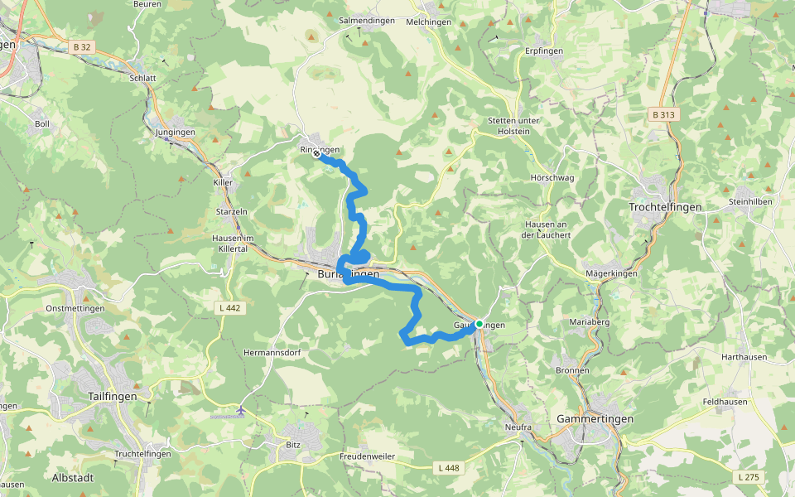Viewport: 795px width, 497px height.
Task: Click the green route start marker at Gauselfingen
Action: [x=479, y=324]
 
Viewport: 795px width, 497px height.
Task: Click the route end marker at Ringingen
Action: [x=316, y=153]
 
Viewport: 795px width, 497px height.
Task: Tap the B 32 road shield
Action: [x=81, y=48]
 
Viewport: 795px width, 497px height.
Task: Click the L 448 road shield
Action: [x=447, y=468]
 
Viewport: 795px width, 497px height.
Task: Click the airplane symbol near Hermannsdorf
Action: [x=241, y=410]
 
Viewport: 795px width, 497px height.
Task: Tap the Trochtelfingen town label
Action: [x=665, y=207]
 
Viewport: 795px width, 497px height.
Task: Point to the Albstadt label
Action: [x=73, y=478]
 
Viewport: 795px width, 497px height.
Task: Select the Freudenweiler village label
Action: [x=367, y=456]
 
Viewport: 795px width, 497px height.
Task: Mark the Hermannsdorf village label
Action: [x=272, y=352]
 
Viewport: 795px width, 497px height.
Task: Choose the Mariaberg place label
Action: [x=590, y=321]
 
